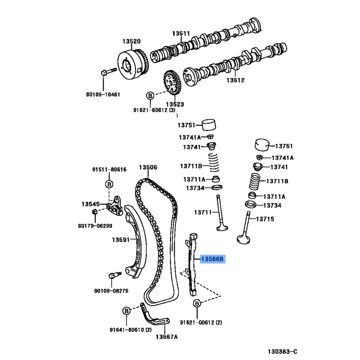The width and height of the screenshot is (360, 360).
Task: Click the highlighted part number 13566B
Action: coord(211,259)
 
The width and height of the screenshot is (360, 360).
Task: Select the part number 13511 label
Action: coord(181,34)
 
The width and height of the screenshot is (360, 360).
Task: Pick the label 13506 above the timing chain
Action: coord(148,167)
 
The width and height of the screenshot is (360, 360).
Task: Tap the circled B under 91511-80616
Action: coord(109,184)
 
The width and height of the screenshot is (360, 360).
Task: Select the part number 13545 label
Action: coord(90,204)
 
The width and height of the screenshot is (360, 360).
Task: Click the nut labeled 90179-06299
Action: coord(94,211)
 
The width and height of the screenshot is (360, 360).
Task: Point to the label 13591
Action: coord(121,240)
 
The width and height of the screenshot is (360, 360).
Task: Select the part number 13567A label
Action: coord(166,337)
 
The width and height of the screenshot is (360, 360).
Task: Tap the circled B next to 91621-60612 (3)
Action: coord(150,95)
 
